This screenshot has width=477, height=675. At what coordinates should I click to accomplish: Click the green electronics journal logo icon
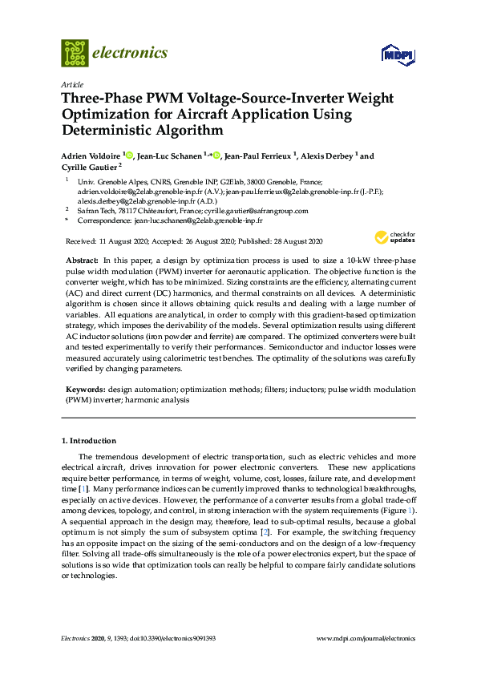click(x=75, y=53)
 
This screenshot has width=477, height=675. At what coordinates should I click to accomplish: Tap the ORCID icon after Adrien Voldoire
click(x=127, y=156)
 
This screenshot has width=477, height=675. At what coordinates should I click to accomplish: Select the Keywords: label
click(x=86, y=389)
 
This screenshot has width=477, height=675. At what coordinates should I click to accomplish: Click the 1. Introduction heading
click(x=89, y=441)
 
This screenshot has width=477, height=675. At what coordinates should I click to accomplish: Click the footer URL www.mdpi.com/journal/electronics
click(x=366, y=639)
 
